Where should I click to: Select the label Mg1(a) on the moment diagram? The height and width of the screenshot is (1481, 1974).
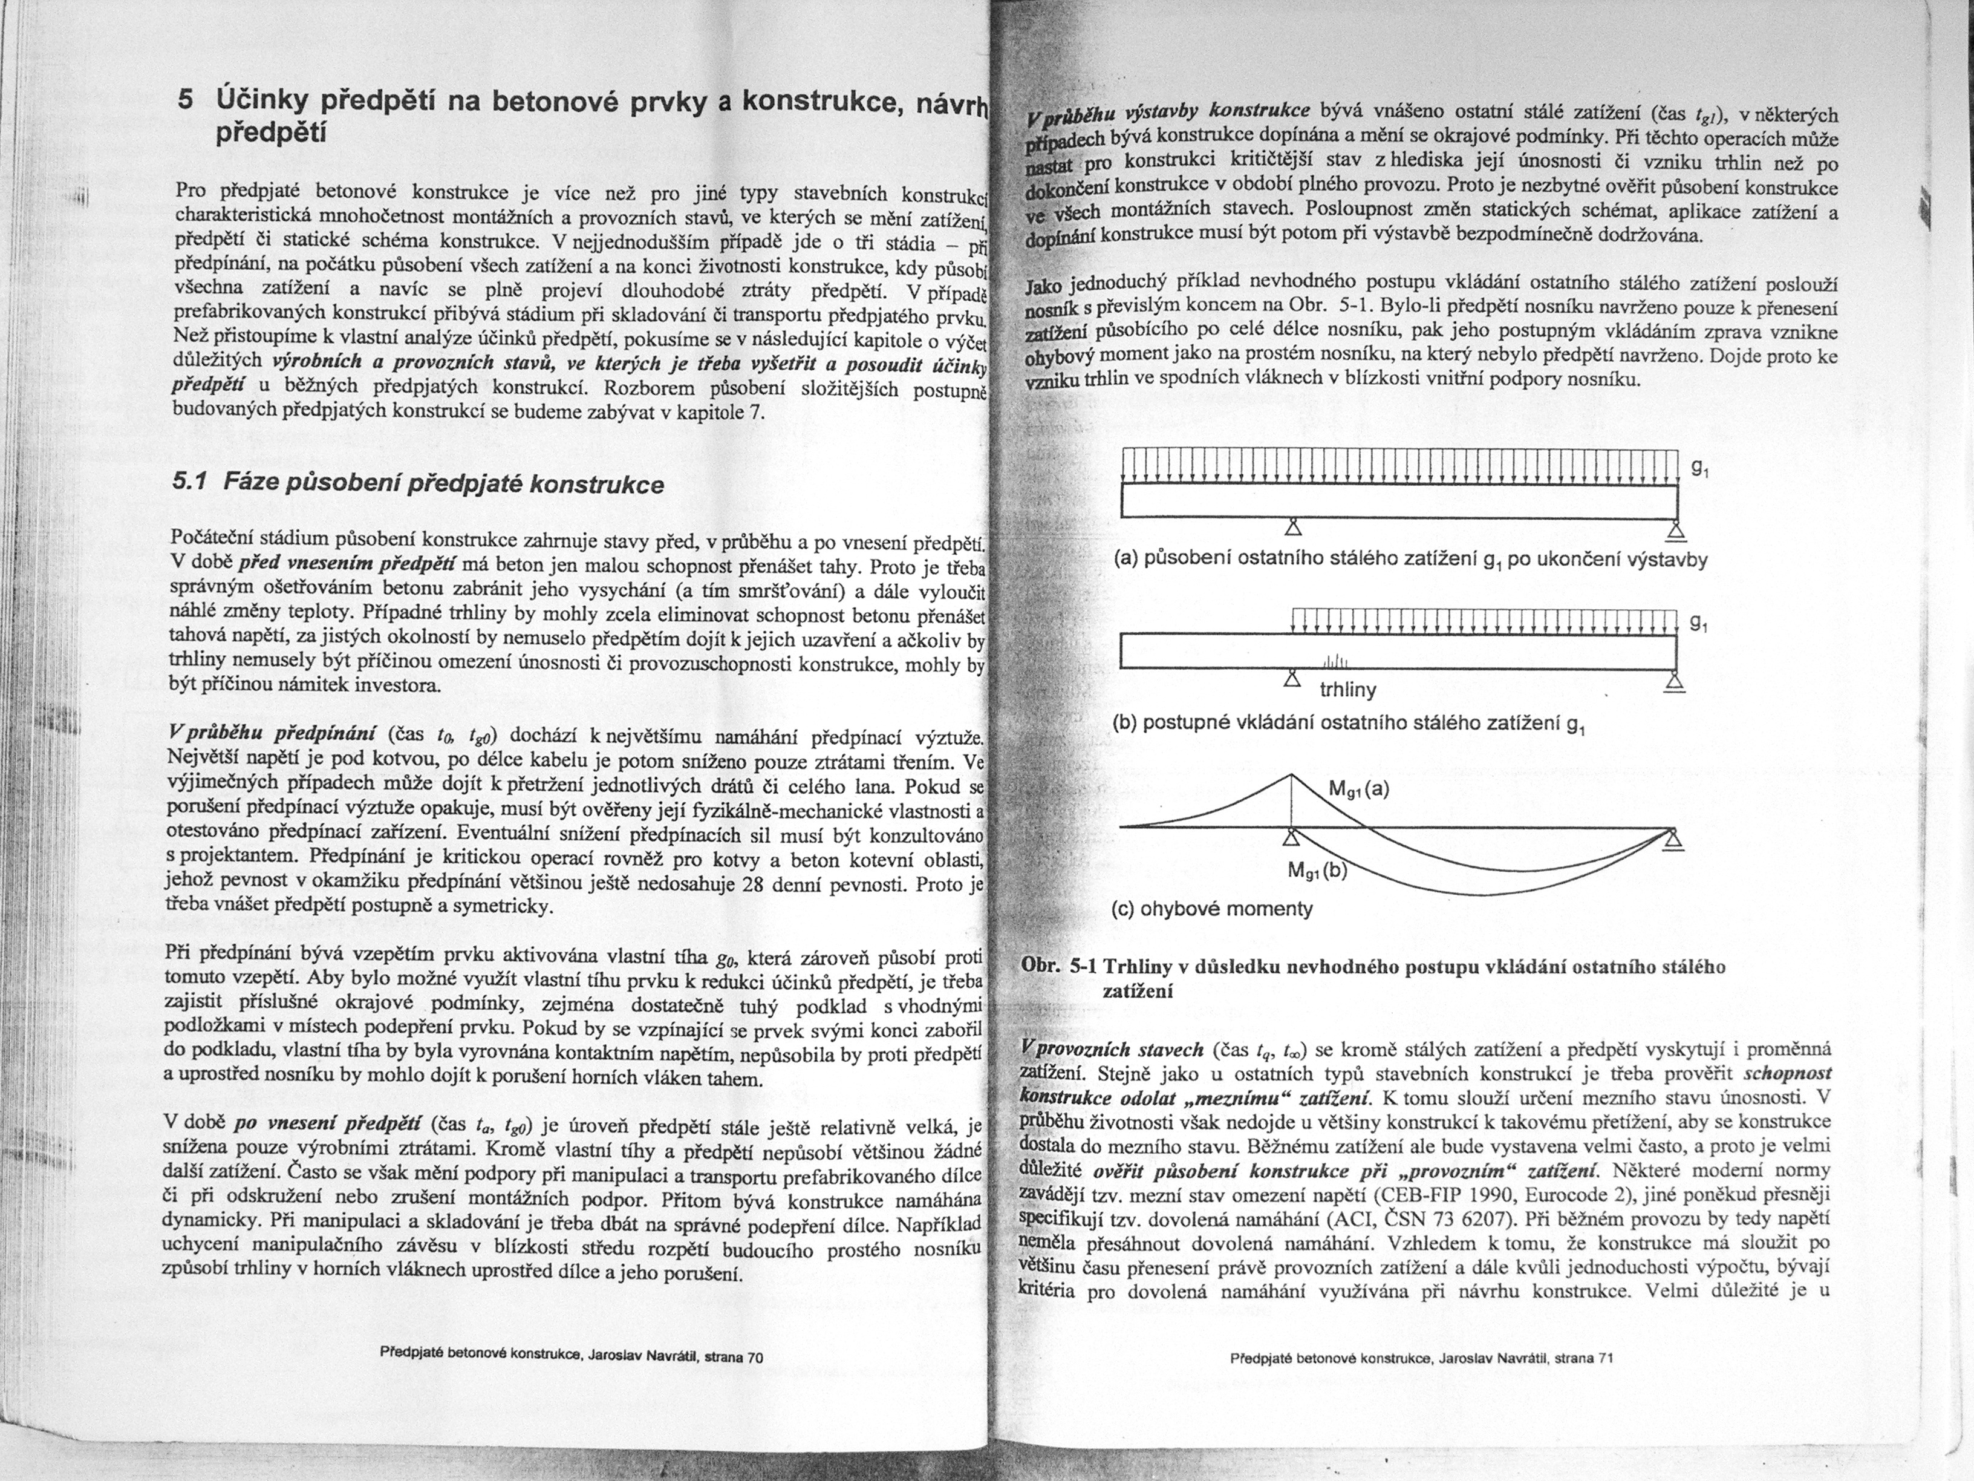click(1358, 789)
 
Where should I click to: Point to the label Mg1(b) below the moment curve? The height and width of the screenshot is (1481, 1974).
click(1315, 871)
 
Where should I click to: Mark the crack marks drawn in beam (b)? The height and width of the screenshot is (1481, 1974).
click(1335, 661)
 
